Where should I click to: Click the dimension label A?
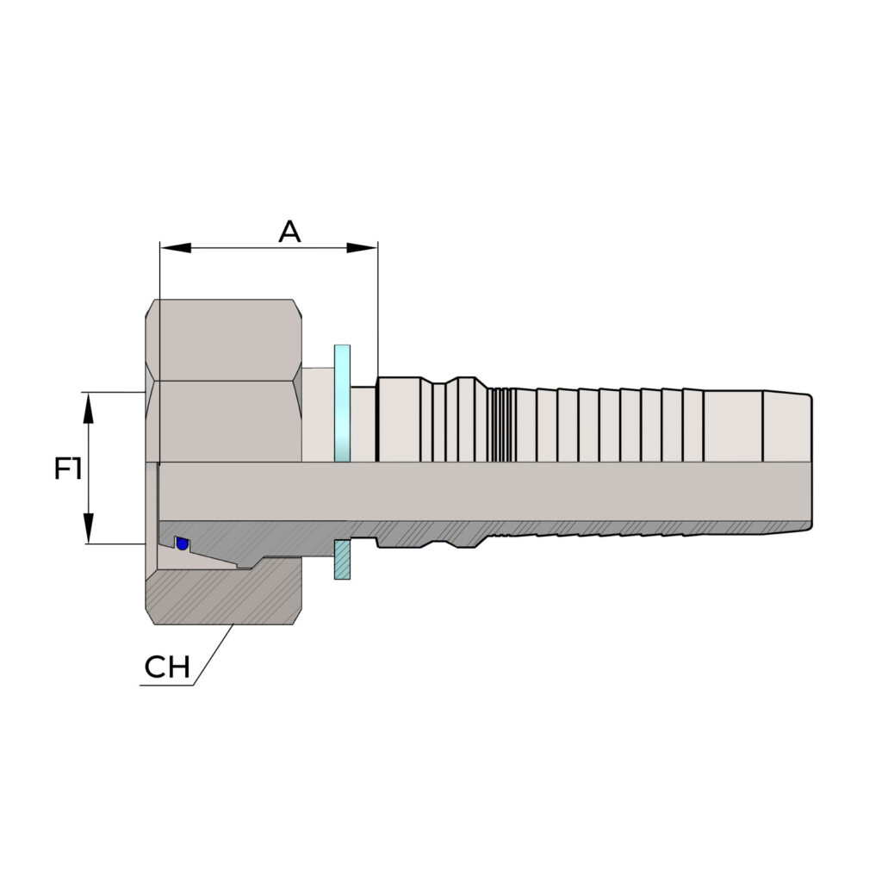pos(289,231)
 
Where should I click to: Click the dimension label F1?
pos(68,469)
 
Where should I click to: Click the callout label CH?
pos(167,668)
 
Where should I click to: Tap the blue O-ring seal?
pos(182,543)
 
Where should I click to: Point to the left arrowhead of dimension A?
pos(176,248)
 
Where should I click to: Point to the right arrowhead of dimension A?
pos(362,248)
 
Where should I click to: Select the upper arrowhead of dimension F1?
pos(89,407)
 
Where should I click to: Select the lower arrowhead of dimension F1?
pos(89,528)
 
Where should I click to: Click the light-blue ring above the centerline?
pos(342,403)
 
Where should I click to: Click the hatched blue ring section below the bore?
pos(342,560)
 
